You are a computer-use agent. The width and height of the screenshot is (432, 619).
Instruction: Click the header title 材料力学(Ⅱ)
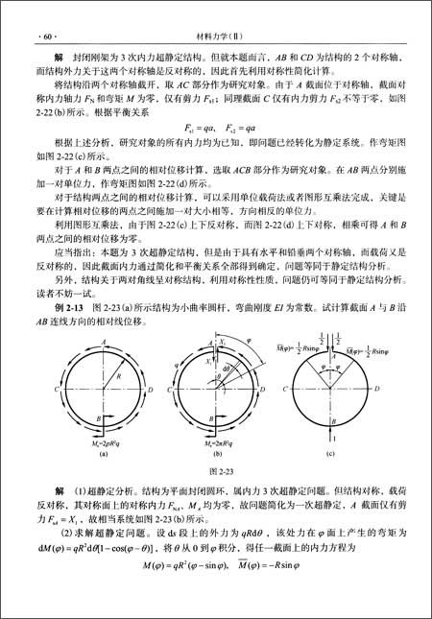pyautogui.click(x=216, y=11)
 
